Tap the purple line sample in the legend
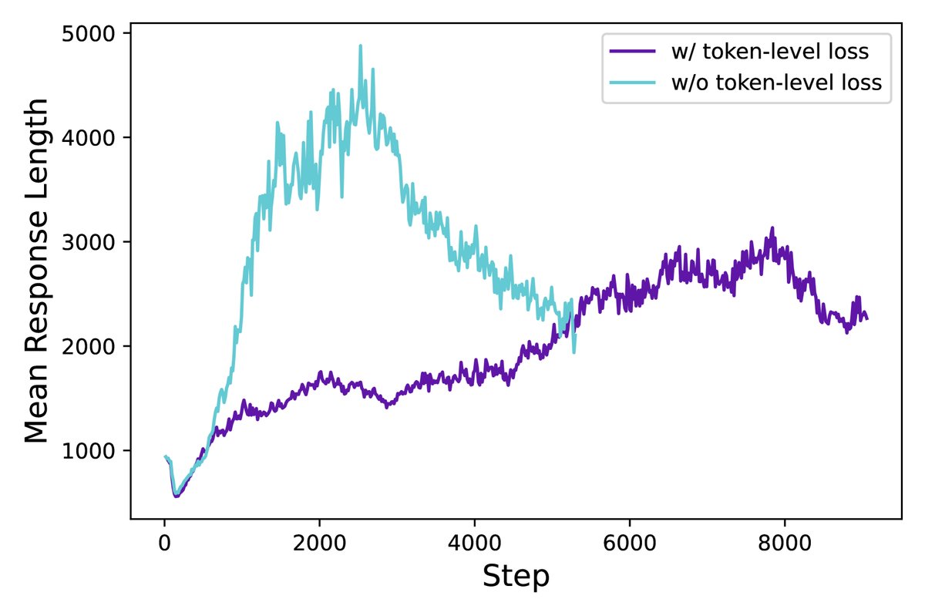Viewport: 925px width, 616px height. point(632,52)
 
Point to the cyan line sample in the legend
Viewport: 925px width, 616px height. point(632,83)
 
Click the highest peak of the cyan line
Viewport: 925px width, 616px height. point(360,45)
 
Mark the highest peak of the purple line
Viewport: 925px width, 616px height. point(772,228)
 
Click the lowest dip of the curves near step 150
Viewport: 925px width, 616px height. point(176,495)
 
